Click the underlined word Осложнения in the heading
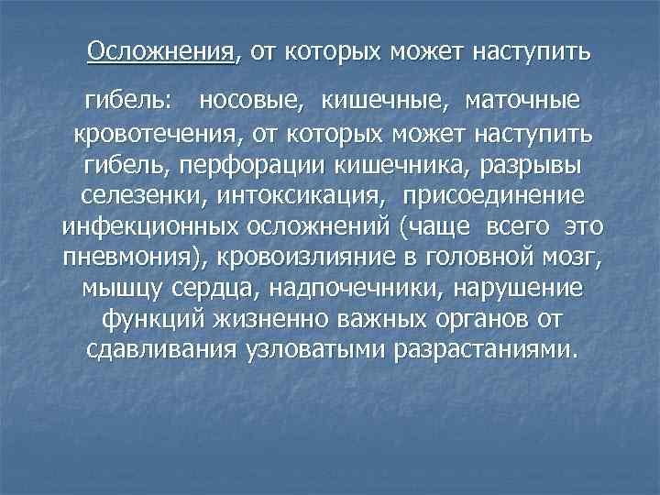(x=161, y=51)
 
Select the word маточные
(x=522, y=97)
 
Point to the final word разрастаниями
(x=487, y=351)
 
